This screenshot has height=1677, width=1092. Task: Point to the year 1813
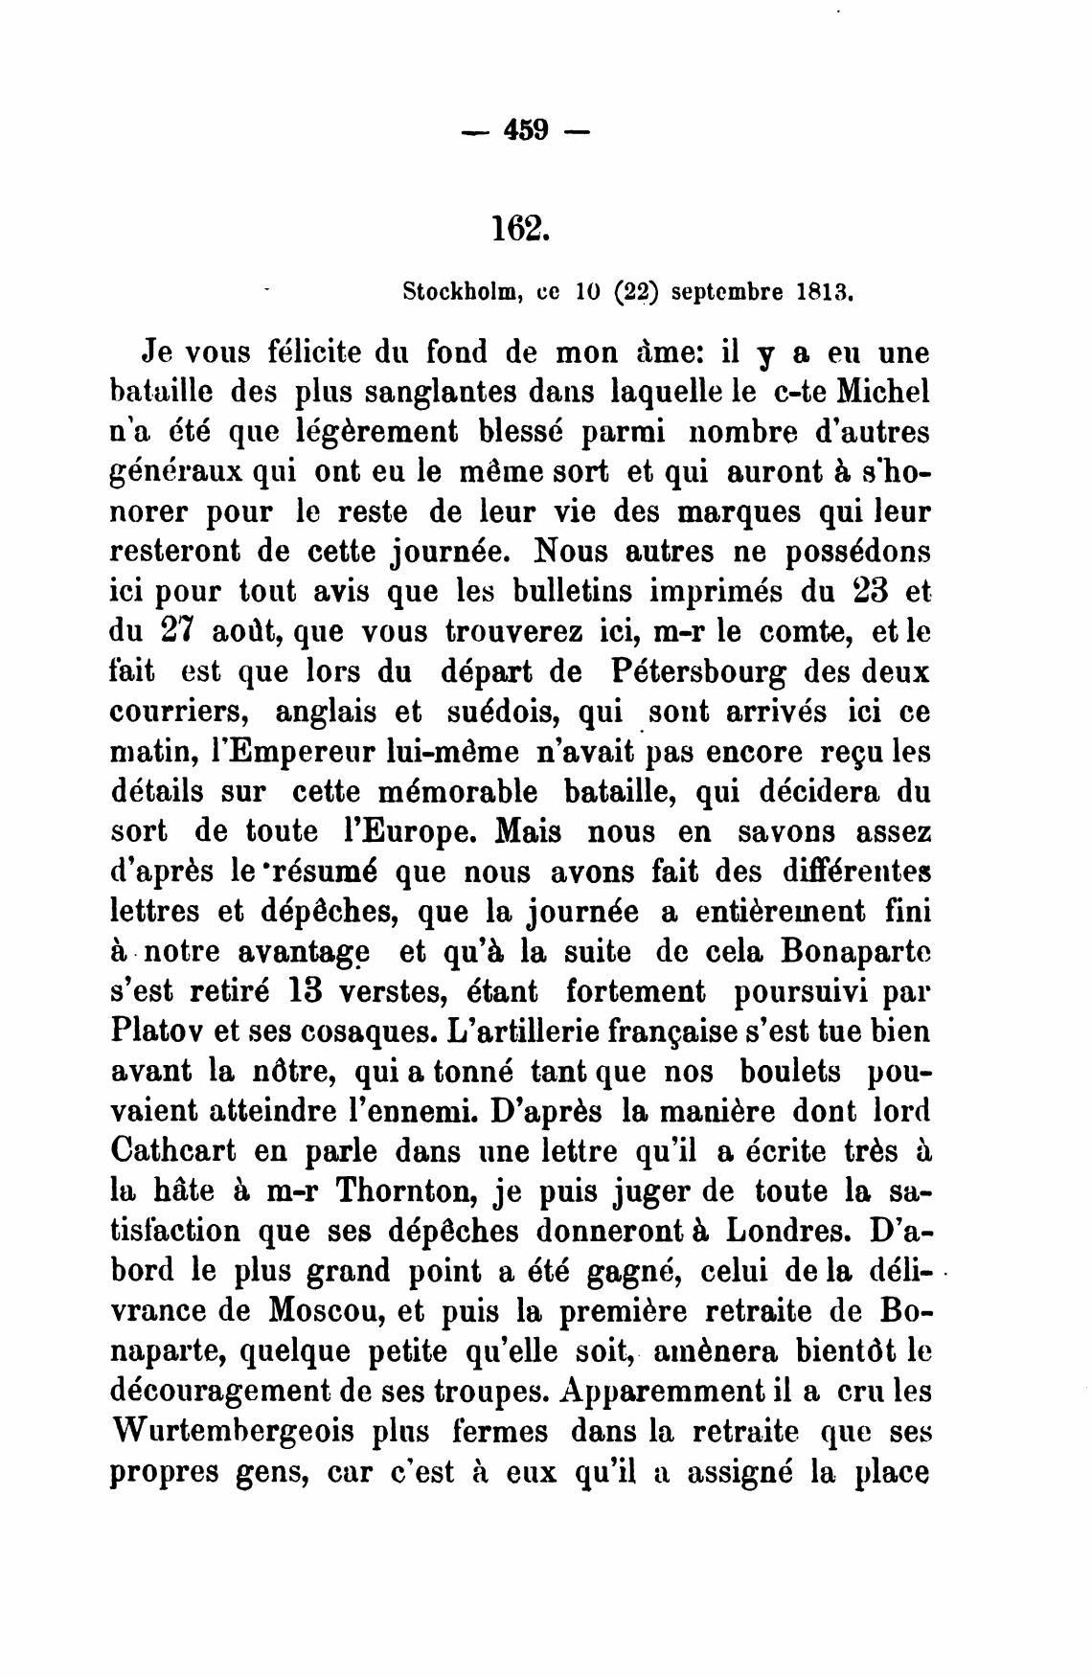click(825, 290)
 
